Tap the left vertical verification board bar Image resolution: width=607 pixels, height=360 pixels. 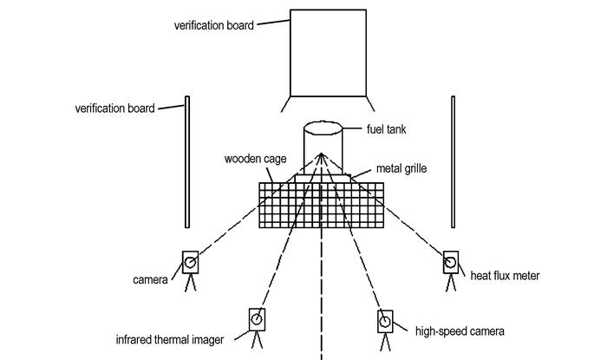[187, 162]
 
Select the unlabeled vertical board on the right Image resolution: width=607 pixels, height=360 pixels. [453, 162]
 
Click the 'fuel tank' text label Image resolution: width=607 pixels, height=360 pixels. [387, 129]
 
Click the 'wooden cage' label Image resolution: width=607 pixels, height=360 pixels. [256, 159]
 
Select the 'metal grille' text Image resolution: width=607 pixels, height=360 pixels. [401, 169]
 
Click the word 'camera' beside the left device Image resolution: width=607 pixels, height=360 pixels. [150, 280]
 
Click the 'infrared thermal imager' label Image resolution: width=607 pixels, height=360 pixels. [170, 340]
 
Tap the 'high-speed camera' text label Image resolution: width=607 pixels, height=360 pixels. [460, 331]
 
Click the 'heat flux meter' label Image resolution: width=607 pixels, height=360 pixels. [505, 276]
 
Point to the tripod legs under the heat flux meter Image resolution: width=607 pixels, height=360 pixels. [451, 282]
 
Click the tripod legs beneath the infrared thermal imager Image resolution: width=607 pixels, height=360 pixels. [257, 339]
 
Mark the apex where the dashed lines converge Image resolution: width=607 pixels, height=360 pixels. [322, 154]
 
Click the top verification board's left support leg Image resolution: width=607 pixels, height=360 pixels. [285, 104]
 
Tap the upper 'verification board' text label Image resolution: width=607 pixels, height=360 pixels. [214, 25]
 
